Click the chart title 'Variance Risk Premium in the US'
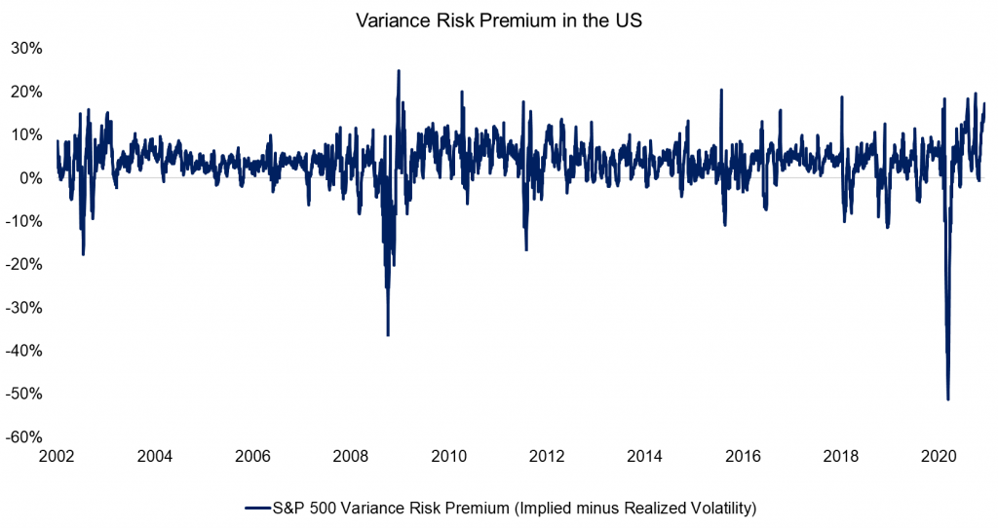tap(499, 20)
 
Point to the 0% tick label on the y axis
tap(28, 178)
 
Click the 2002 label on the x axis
tap(56, 456)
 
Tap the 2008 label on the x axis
tap(351, 456)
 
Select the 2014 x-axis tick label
tap(645, 456)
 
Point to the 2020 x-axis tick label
tap(940, 456)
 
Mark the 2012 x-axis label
tap(547, 456)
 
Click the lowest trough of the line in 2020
tap(947, 398)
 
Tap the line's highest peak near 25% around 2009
tap(398, 71)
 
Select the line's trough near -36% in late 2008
tap(388, 334)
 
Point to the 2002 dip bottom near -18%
tap(83, 253)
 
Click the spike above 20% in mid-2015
tap(720, 91)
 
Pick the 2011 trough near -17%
tap(526, 249)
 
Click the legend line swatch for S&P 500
tap(256, 508)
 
